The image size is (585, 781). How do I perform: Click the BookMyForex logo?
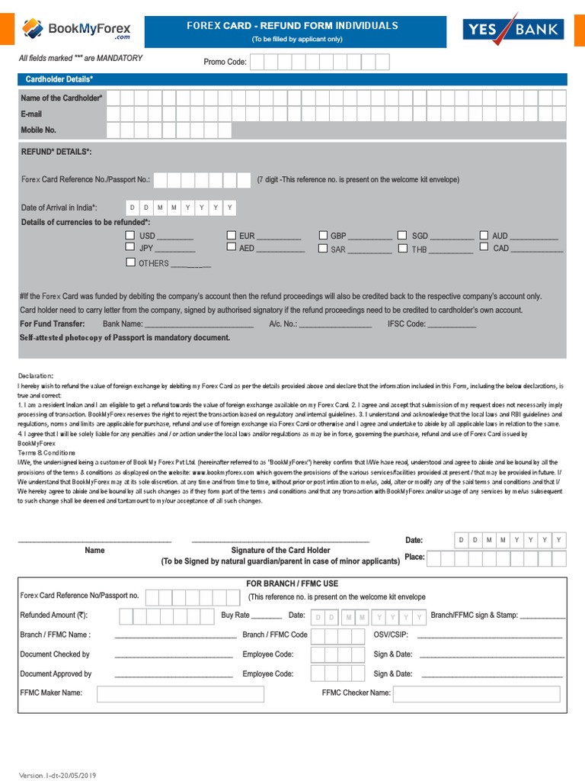[x=76, y=30]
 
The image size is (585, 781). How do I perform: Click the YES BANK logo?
[x=513, y=30]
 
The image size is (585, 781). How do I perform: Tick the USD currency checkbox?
[x=130, y=236]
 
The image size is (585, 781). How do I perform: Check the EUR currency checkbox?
[x=231, y=236]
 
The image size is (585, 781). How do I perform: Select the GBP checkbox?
[x=323, y=236]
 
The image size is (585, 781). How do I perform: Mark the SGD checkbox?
[x=402, y=236]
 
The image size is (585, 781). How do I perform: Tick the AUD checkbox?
[x=484, y=236]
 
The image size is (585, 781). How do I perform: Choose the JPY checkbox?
[x=130, y=247]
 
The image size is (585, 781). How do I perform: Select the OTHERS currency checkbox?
[x=130, y=262]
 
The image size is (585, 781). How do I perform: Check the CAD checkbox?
[x=484, y=247]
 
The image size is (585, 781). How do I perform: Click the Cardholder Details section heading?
[x=59, y=79]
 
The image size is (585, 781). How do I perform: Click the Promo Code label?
[x=225, y=62]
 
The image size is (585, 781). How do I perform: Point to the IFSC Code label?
[x=407, y=324]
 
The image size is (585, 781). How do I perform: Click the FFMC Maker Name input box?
[x=181, y=693]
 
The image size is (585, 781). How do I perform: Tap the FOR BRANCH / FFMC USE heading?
[x=292, y=583]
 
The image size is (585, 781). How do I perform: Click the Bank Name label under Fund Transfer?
[x=123, y=324]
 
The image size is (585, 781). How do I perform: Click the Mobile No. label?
[x=38, y=130]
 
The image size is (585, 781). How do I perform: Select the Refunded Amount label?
[x=53, y=615]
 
